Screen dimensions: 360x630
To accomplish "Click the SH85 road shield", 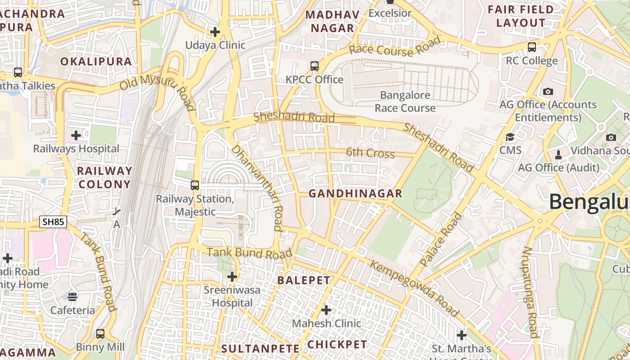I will click(53, 221).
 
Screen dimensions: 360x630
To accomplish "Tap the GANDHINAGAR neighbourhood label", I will click(355, 193).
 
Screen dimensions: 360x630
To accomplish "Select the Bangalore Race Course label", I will click(405, 102).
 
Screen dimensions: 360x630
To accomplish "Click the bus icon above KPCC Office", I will click(315, 66).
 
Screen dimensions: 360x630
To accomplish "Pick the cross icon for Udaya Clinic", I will click(215, 32).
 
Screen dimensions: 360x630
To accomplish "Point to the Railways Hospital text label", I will click(76, 149).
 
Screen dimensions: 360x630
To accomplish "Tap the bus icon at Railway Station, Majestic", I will click(195, 185).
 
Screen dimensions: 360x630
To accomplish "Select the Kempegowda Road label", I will click(414, 288).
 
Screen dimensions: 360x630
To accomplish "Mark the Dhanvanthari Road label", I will click(257, 188).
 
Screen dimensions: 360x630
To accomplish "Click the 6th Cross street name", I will click(370, 153).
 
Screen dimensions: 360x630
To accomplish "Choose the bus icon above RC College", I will click(532, 47).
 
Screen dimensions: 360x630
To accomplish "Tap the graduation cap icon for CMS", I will click(510, 137).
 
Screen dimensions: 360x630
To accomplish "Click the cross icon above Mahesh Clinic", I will click(326, 310).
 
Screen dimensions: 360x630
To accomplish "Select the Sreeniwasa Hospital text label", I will click(232, 296).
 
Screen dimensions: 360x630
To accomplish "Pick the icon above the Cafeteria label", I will click(72, 297).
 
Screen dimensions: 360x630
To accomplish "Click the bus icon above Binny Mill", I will click(100, 334).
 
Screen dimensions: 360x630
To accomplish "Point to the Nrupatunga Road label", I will click(530, 292).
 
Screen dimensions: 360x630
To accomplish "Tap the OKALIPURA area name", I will click(96, 62).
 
